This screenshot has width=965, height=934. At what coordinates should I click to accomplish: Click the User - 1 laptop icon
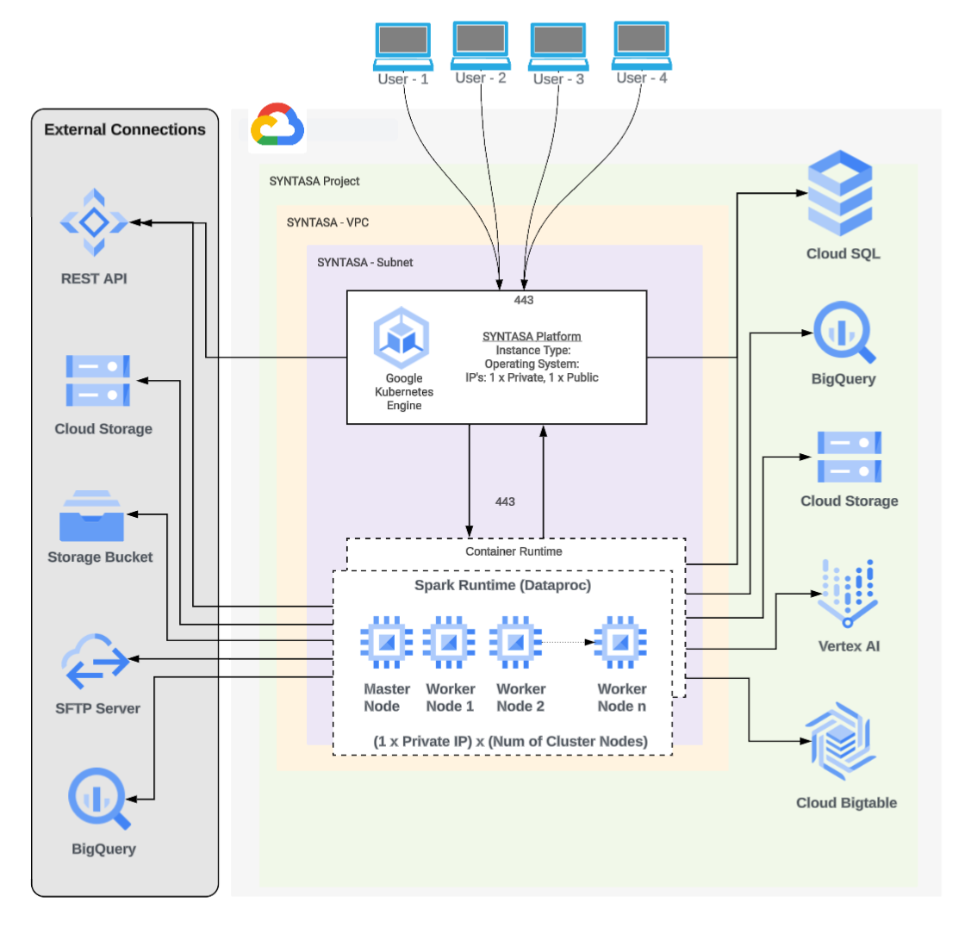tap(402, 46)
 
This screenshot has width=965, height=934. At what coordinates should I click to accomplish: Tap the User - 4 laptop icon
tap(641, 46)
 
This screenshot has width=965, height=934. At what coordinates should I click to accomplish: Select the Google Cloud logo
tap(277, 128)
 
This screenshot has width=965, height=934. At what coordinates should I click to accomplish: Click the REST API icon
tap(93, 222)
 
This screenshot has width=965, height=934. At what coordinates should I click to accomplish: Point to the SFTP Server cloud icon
tap(93, 662)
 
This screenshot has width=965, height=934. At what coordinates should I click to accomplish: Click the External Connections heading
tap(125, 130)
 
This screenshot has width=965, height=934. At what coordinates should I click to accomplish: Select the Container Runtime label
tap(514, 551)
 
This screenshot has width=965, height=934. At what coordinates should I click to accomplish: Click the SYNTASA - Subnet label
tap(364, 262)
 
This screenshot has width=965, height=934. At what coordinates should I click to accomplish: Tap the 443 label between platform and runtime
tap(506, 501)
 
